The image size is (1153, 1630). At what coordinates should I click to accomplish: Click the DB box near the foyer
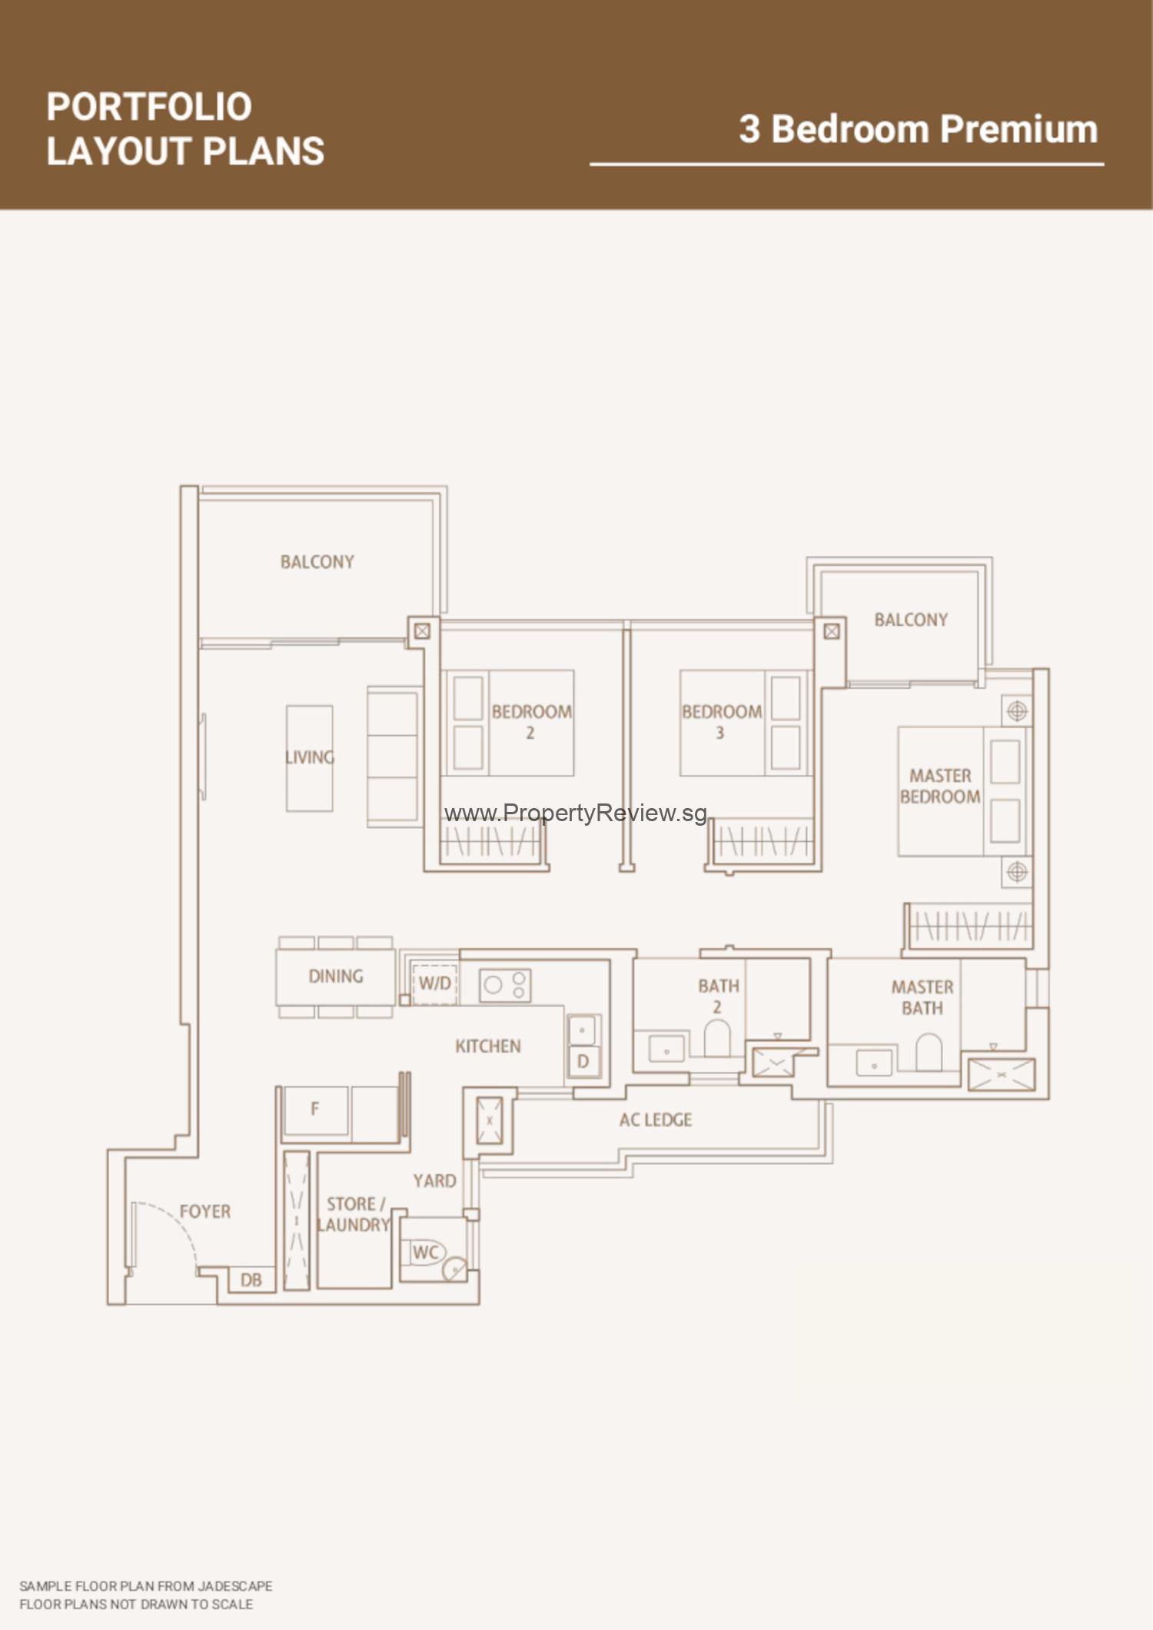pos(251,1279)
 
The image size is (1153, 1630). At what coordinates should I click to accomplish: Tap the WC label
pos(425,1252)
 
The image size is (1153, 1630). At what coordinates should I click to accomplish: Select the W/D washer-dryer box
pos(435,983)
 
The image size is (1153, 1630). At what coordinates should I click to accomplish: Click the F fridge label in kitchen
pos(314,1109)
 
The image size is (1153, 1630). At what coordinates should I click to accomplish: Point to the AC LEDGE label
pos(656,1120)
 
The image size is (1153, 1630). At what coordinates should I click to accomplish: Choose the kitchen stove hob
pos(505,985)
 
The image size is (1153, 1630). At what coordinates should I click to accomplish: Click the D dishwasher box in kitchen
pos(583,1062)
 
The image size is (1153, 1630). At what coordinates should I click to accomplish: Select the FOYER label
pos(205,1212)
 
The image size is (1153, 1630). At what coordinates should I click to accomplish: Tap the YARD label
pos(434,1181)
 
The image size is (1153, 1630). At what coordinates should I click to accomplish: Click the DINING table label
pos(336,976)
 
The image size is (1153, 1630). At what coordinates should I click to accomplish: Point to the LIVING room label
pos(310,757)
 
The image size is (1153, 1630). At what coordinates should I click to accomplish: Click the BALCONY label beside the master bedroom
pos(911,620)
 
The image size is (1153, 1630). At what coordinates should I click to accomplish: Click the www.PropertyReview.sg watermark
pos(575,813)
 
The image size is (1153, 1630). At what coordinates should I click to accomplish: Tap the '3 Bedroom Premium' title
pos(919,129)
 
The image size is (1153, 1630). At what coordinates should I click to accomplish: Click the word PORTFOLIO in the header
pos(149,107)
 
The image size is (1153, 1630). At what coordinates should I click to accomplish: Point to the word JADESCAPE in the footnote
pos(235,1586)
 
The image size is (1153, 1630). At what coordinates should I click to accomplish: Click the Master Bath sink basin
pos(874,1063)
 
